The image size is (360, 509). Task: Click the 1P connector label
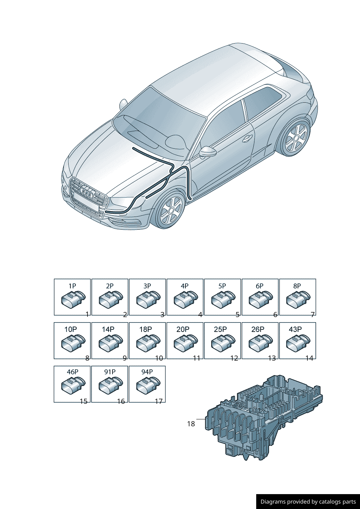coord(72,286)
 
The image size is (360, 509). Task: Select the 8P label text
coord(297,286)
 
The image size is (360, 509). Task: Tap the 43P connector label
coord(295,329)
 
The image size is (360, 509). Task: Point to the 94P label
coord(147,372)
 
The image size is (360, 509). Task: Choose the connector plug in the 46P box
coord(73,385)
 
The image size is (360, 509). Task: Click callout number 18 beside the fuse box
coord(191,424)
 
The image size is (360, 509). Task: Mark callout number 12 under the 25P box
coord(234,358)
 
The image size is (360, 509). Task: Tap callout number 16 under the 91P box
coord(121,402)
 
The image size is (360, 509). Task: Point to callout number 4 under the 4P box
coord(200,315)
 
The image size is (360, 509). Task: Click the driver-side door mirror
coord(208,152)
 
